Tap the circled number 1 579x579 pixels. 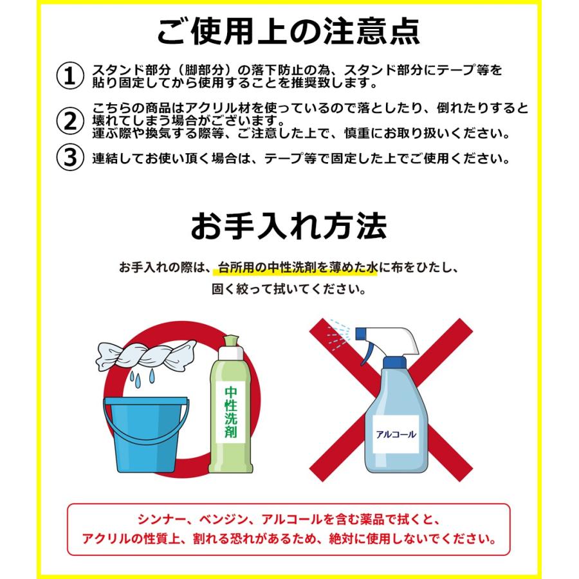(x=70, y=76)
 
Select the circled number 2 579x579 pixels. (x=70, y=120)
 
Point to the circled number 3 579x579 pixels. (x=70, y=158)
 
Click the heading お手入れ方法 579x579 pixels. (x=289, y=226)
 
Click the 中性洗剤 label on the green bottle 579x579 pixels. (x=230, y=412)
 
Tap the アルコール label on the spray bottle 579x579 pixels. (x=395, y=434)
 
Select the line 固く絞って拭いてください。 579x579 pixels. (x=289, y=289)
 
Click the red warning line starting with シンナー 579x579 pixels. (x=289, y=519)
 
